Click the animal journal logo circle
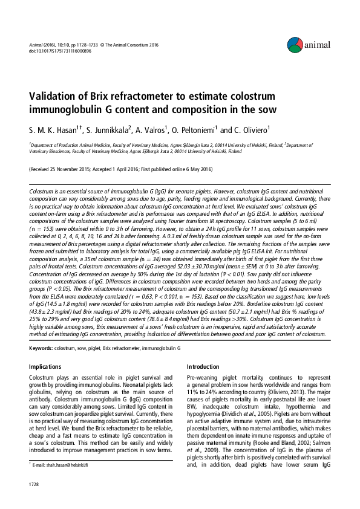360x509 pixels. point(295,43)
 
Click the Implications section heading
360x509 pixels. point(45,366)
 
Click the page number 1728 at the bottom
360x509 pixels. point(36,485)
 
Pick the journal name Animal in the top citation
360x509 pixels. point(36,44)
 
